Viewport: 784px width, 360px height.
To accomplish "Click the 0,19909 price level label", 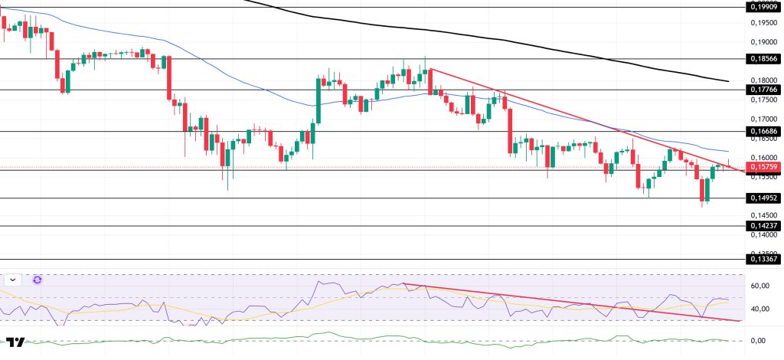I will [763, 8].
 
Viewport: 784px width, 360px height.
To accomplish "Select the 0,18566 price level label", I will [763, 58].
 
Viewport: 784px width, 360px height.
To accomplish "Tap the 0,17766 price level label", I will [763, 90].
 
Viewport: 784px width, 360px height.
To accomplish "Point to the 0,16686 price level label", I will [763, 132].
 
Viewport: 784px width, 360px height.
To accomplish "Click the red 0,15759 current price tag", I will [763, 167].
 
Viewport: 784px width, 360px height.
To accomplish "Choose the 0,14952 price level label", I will [763, 198].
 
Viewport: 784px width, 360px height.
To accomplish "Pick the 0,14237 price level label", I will [763, 226].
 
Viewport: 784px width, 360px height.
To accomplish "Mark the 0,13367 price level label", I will [763, 260].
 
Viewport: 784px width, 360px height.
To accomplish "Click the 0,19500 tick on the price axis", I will [763, 22].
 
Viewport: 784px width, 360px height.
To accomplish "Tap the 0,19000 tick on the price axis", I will [763, 41].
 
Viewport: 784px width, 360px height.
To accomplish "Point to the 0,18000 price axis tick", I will [763, 80].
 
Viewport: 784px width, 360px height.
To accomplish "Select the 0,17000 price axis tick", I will [763, 119].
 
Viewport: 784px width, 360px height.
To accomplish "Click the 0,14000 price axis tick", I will [763, 235].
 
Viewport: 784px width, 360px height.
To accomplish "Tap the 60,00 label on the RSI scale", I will [760, 286].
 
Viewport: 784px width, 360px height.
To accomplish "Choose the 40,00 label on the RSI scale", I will [760, 309].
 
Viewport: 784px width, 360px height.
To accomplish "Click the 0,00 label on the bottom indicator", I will [758, 340].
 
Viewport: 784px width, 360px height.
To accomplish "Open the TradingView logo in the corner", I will [15, 342].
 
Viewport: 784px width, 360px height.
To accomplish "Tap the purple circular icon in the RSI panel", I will [37, 280].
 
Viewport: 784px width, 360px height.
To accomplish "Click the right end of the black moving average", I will [727, 81].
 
